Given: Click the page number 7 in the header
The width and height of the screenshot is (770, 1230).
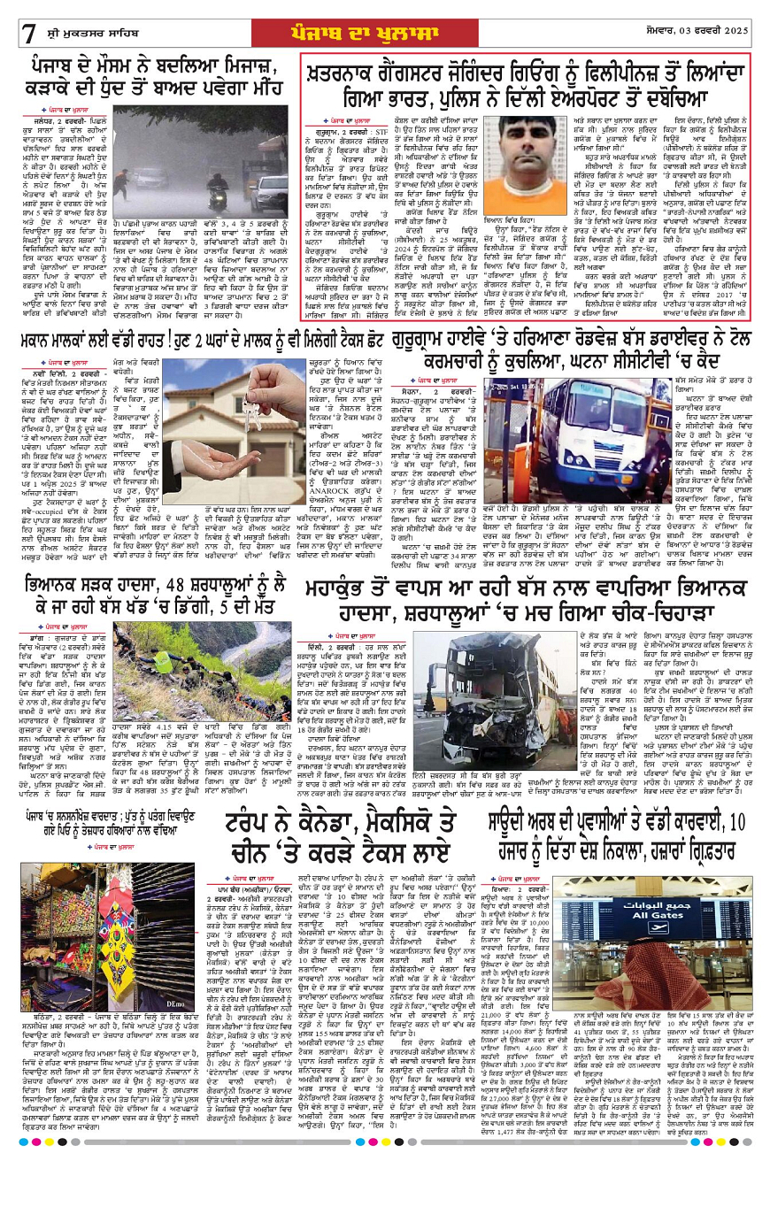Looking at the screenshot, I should click(x=29, y=34).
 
